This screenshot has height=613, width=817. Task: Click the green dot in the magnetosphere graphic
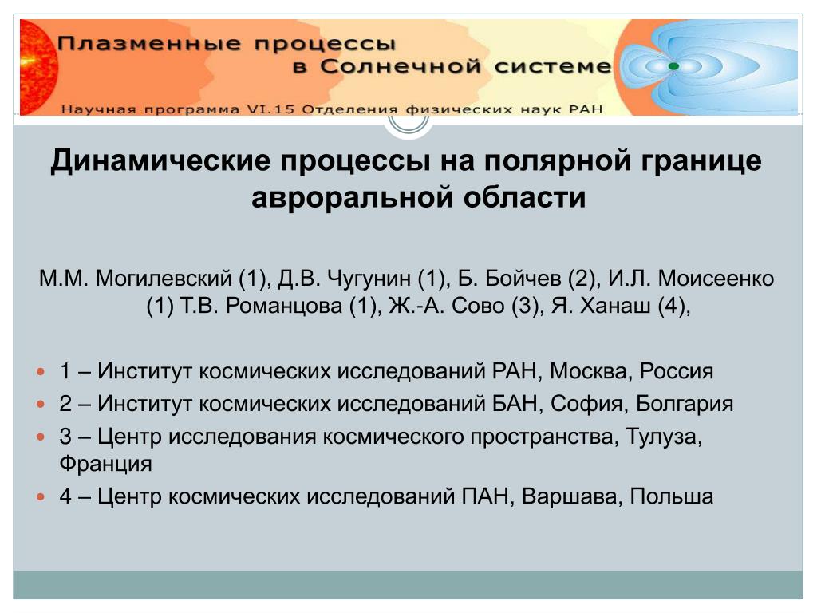(x=673, y=66)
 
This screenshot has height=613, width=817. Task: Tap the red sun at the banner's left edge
(x=38, y=67)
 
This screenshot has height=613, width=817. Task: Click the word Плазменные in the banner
(x=149, y=43)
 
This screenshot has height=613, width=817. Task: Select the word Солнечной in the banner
(x=401, y=67)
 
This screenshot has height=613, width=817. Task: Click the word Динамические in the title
(x=160, y=160)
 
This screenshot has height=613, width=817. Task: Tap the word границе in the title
(x=701, y=161)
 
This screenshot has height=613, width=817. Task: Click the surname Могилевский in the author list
(x=163, y=279)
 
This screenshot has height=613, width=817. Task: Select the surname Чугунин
(x=369, y=279)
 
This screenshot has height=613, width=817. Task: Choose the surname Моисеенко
(x=716, y=279)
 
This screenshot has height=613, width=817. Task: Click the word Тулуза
(x=664, y=437)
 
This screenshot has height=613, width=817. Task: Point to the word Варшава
(x=572, y=496)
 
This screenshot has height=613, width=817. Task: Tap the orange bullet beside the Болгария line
(x=41, y=404)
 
